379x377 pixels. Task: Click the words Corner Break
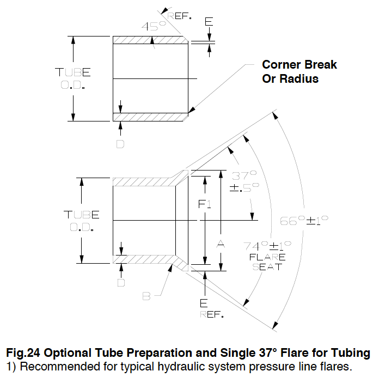299,64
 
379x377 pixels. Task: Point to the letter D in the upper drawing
120,144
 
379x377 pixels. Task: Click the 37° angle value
244,176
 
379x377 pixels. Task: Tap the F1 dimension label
205,205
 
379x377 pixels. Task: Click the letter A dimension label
221,245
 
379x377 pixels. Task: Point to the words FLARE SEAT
267,262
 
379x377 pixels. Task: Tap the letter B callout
146,296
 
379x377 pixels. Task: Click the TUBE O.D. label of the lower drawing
81,221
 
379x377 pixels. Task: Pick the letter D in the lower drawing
121,283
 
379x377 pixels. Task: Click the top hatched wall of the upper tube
147,40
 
